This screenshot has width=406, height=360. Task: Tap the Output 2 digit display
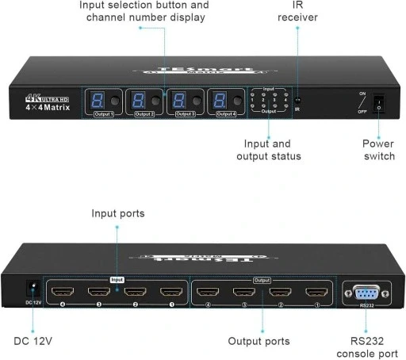click(x=138, y=101)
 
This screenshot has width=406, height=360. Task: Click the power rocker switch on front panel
click(x=378, y=103)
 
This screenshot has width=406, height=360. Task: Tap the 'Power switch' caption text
click(x=377, y=150)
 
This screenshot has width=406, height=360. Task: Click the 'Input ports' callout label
click(x=118, y=213)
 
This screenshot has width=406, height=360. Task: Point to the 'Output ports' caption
click(x=259, y=341)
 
